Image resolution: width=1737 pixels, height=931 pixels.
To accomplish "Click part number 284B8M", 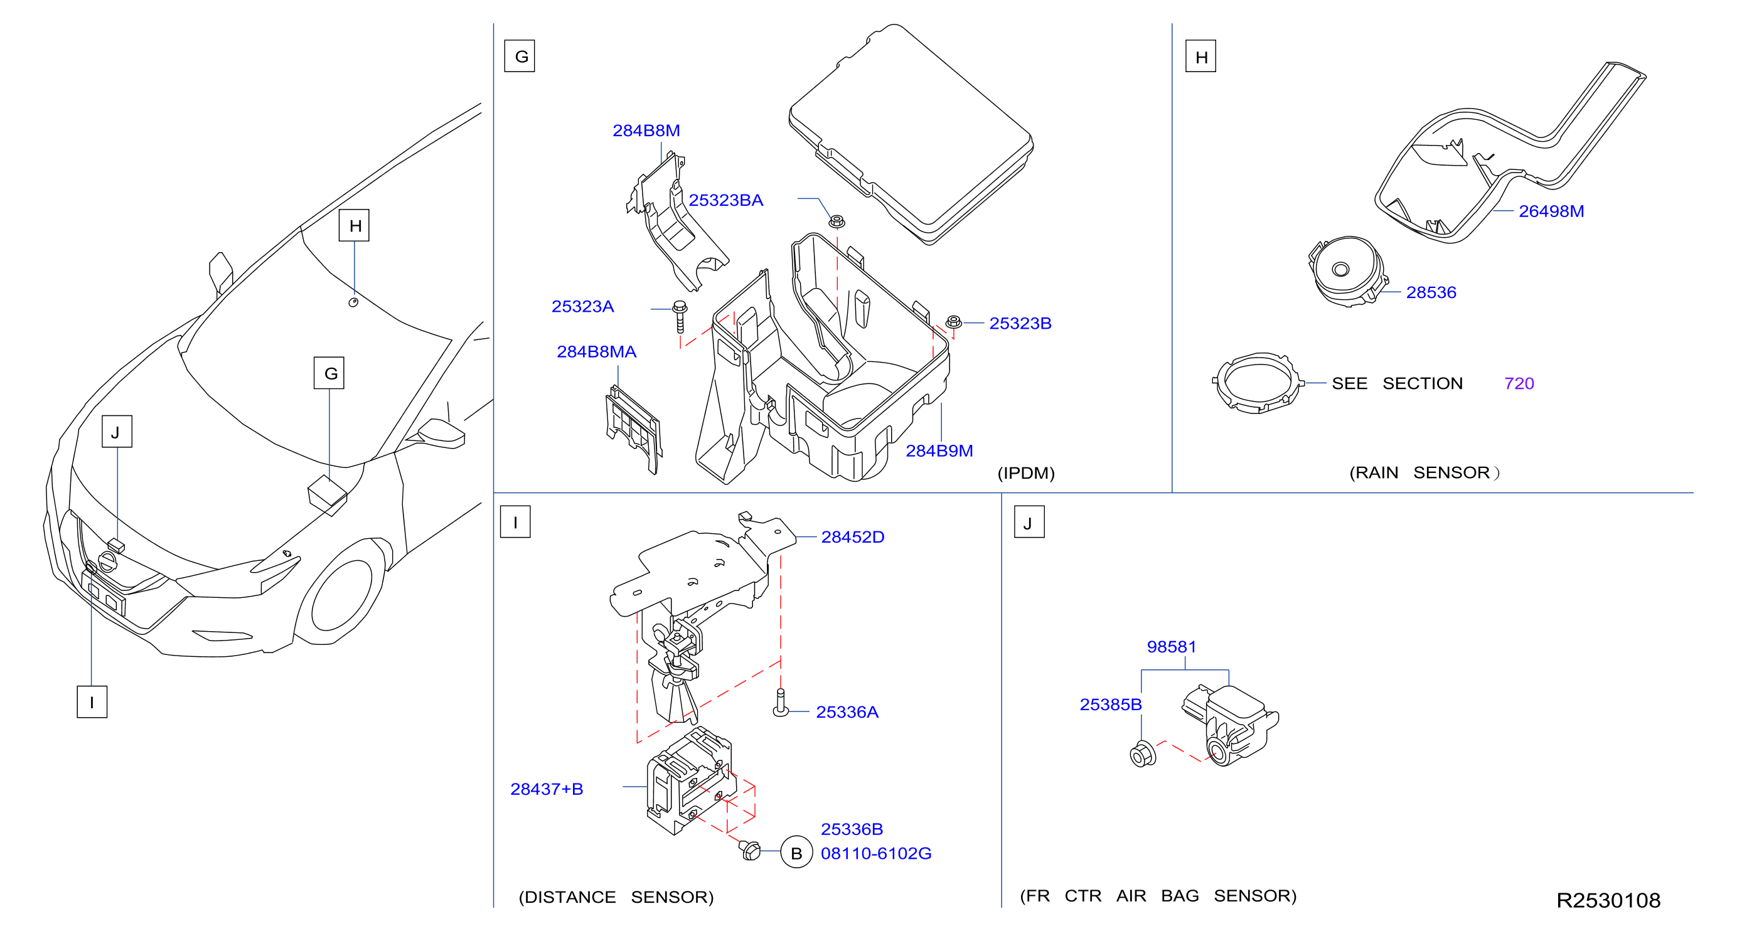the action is (x=645, y=130).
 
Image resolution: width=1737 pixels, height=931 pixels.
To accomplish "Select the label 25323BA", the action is (x=725, y=200).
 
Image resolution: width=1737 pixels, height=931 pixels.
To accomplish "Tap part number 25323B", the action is (x=1020, y=323).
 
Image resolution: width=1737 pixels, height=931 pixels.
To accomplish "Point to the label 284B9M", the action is (x=939, y=450).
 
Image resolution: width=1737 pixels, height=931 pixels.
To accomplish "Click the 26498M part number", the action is (x=1551, y=211).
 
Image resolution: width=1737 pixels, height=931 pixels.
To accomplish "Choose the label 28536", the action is (x=1431, y=292).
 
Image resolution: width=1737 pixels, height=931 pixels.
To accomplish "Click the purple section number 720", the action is (x=1519, y=383).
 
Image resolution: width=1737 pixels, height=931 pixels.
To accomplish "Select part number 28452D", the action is (x=852, y=536).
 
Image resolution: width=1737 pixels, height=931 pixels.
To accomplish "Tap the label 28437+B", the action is (x=546, y=789).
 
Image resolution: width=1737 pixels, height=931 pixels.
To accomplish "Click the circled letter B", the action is (x=796, y=853).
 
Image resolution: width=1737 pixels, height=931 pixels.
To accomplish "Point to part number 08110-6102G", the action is (x=876, y=853).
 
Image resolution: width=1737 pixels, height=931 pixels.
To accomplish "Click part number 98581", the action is (x=1171, y=647).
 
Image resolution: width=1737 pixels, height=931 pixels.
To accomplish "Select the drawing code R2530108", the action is (x=1608, y=900).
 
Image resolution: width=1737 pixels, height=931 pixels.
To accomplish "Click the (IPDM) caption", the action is (x=1025, y=472).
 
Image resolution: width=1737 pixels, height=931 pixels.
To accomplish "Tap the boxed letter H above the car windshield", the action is (x=354, y=225).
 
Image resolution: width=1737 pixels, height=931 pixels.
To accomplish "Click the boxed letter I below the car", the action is (x=92, y=702).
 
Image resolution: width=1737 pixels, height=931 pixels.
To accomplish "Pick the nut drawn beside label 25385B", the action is (x=1142, y=753).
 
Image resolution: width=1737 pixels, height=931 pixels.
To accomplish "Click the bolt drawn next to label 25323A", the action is (x=680, y=316).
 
